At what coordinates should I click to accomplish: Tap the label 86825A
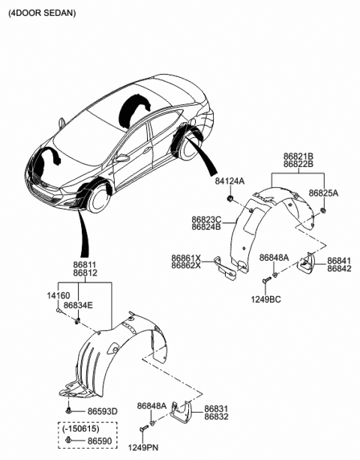324,193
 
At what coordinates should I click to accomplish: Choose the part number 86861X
186,256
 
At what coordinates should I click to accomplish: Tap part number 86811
85,265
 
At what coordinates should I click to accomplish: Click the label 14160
60,297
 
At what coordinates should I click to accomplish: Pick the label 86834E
78,306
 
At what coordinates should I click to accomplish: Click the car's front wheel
97,202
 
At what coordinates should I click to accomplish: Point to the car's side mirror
121,159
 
